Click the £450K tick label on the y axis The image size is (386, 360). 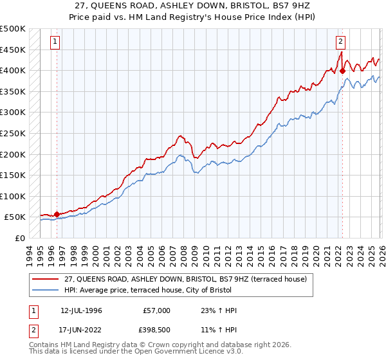pyautogui.click(x=13, y=50)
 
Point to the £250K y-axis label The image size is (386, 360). pyautogui.click(x=13, y=133)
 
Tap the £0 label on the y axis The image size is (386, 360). pyautogui.click(x=20, y=238)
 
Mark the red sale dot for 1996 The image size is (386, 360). pyautogui.click(x=57, y=214)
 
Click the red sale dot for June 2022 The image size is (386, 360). pyautogui.click(x=342, y=71)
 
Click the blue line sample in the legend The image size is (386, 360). pyautogui.click(x=46, y=290)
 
